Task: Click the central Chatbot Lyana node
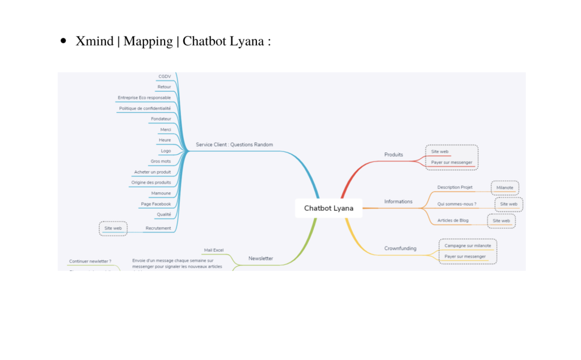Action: coord(329,208)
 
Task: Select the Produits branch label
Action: coord(394,155)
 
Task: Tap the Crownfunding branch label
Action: coord(400,248)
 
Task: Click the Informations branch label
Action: coord(398,201)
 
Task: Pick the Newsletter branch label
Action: coord(260,258)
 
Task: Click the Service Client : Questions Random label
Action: coord(234,145)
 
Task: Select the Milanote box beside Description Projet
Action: coord(504,188)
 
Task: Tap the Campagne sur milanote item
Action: coord(468,245)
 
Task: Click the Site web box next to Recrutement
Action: coord(113,228)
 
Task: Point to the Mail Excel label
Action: coord(214,250)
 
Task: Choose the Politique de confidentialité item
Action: coord(145,108)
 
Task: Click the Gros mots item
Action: coord(161,161)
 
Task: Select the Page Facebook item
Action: coord(155,204)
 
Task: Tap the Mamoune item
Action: coord(161,193)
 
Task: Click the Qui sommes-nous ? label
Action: coord(457,204)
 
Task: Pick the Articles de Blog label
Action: coord(453,220)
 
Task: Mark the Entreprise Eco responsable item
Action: coord(144,98)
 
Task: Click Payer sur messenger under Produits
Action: coord(451,162)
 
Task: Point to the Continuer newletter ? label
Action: coord(90,261)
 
